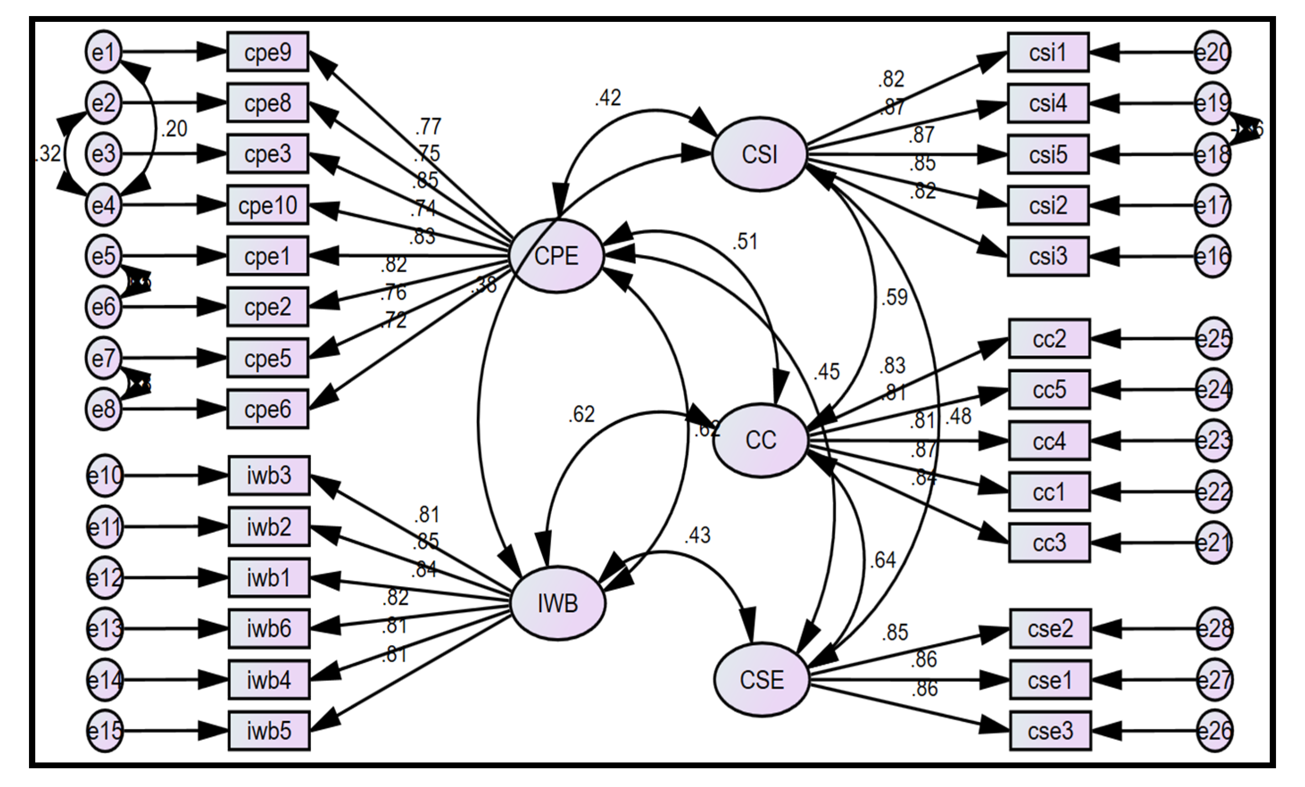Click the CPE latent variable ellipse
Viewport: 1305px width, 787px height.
coord(556,256)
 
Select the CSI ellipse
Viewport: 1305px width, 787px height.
coord(759,154)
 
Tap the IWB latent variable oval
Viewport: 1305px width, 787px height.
coord(558,603)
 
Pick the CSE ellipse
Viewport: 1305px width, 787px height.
coord(762,680)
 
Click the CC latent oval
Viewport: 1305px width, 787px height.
coord(761,440)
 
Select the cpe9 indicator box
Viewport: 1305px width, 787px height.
coord(267,52)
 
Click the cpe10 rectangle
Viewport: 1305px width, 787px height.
coord(267,205)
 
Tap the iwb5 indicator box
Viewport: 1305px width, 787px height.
coord(269,731)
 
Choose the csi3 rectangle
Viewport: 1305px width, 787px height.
coord(1048,257)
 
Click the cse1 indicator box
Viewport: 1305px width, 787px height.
coord(1050,680)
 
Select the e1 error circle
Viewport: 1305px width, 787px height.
coord(103,52)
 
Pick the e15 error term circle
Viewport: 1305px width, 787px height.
coord(104,731)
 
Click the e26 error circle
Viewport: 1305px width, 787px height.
coord(1214,731)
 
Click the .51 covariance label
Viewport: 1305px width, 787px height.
coord(745,241)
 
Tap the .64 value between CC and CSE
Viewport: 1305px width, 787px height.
coord(882,560)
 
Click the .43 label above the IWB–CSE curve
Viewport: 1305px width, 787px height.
coord(697,535)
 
